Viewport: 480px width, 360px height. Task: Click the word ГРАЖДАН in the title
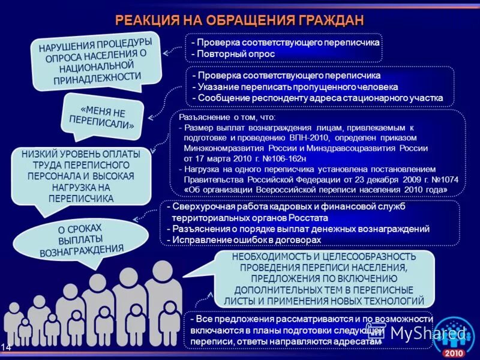click(331, 20)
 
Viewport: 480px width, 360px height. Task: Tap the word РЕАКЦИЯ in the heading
click(146, 20)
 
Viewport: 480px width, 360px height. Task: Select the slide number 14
click(6, 347)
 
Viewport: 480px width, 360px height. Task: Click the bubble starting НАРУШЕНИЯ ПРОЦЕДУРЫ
click(95, 60)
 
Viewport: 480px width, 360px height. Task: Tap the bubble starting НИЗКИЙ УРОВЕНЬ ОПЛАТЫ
click(81, 175)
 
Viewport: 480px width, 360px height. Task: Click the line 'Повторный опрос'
click(233, 54)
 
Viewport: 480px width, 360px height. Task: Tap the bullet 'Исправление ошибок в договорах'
click(246, 239)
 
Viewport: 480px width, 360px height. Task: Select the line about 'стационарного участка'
click(317, 97)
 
